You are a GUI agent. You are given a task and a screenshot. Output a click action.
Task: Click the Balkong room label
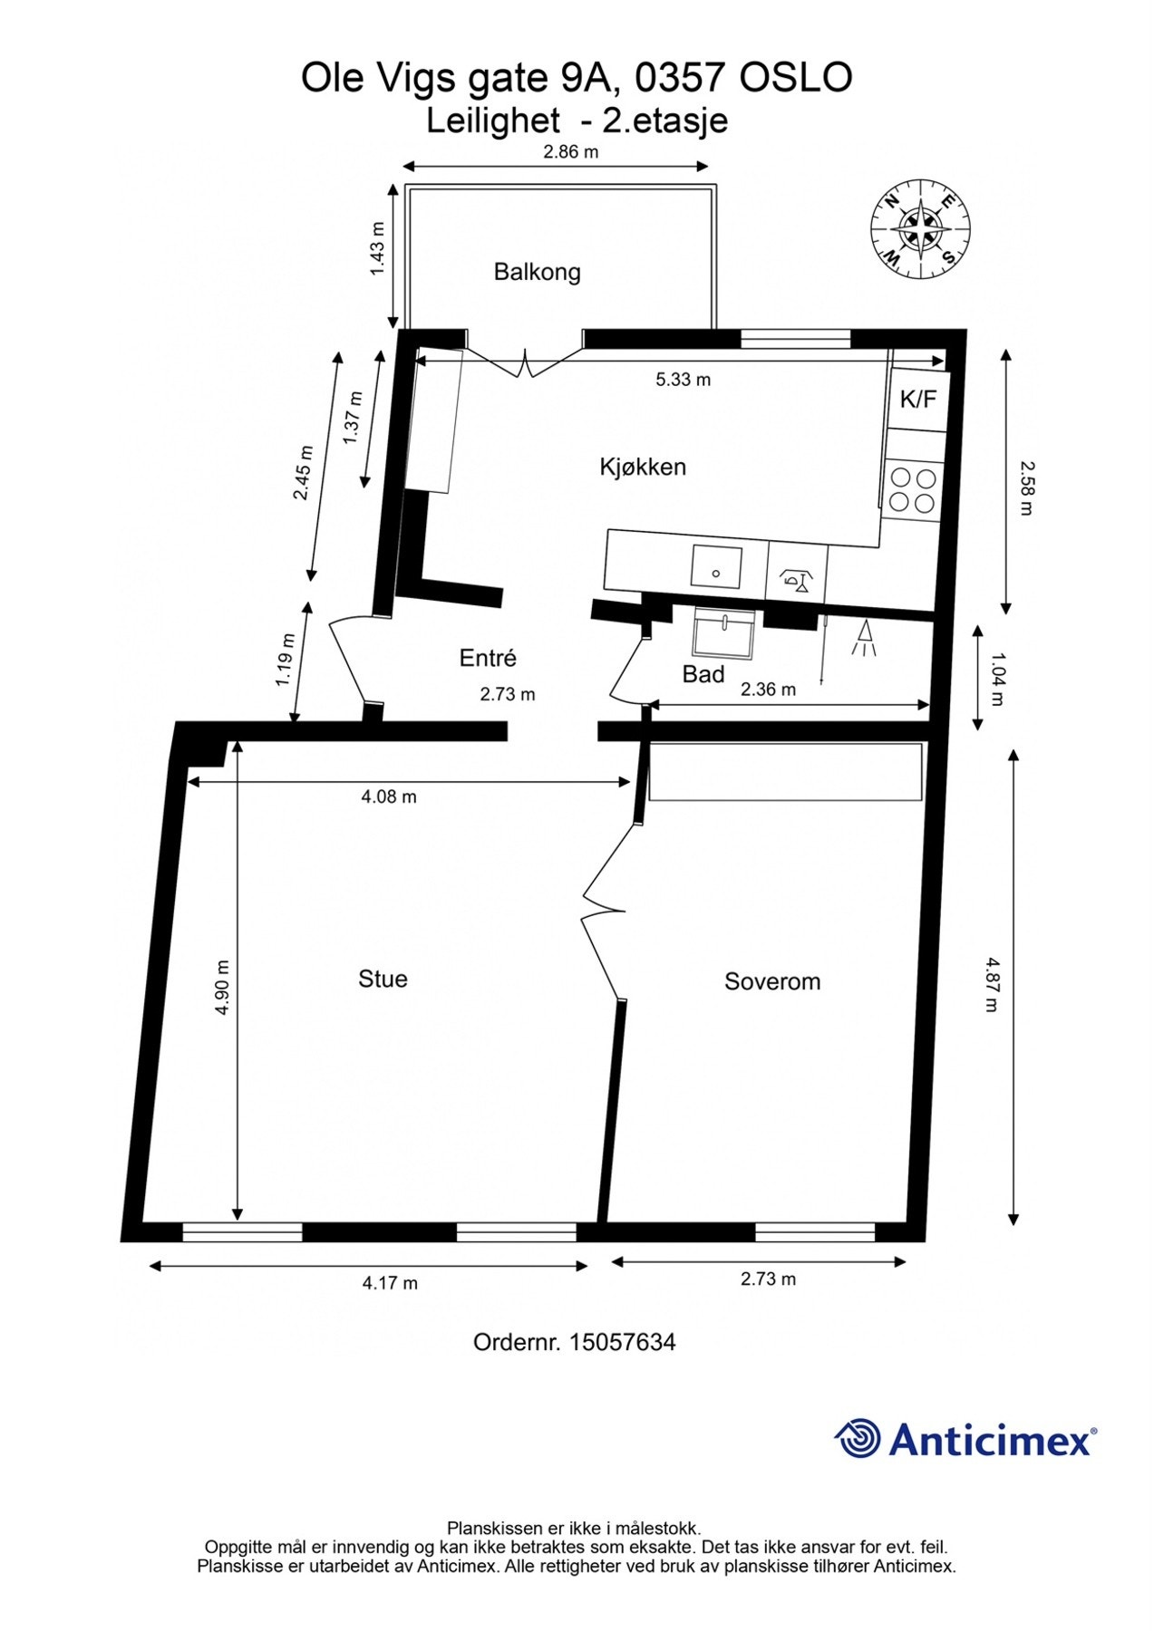(537, 272)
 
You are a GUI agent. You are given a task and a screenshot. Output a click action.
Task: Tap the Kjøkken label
(643, 467)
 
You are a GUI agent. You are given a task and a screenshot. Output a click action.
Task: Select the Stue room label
(383, 979)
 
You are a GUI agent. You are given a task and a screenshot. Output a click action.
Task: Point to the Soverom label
(772, 981)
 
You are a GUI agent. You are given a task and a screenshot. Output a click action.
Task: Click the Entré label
(488, 658)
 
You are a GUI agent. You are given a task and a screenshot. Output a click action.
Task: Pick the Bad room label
(703, 674)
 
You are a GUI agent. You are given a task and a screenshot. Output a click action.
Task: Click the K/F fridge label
(917, 399)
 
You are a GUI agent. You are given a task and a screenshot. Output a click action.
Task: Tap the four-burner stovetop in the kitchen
(913, 490)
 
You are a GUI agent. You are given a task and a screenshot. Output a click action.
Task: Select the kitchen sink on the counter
(716, 568)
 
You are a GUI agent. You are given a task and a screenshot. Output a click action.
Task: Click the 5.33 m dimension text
(684, 380)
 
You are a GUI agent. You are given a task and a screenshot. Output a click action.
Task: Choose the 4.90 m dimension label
(222, 988)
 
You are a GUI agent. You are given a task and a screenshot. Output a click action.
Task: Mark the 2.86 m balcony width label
(571, 152)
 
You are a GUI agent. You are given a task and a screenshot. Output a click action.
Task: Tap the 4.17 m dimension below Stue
(390, 1282)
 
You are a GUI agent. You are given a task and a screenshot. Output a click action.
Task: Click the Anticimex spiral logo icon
(858, 1438)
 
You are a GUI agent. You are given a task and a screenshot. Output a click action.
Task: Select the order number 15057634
(623, 1342)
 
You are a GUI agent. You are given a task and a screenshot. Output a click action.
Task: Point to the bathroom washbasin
(724, 632)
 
